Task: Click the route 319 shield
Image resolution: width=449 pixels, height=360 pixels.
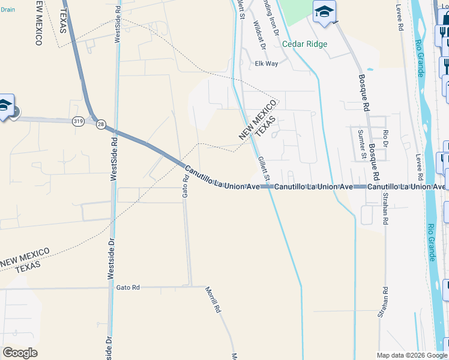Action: coord(78,121)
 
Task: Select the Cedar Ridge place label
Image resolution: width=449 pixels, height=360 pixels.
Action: coord(305,44)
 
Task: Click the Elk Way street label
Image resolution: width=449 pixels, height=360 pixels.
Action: coord(267,63)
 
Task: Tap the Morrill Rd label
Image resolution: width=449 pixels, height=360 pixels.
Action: coord(214,301)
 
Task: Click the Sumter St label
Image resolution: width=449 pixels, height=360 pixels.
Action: coord(361,144)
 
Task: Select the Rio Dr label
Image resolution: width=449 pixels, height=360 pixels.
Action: coord(386,140)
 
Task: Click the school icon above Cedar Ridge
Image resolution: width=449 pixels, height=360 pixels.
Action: coord(324,12)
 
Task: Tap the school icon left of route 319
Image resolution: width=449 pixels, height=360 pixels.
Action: coord(5,106)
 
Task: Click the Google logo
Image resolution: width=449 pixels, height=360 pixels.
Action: coord(20,353)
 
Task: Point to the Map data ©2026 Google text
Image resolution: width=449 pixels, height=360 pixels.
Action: coord(412,355)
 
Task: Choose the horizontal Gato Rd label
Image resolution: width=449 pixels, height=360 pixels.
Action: coord(128,287)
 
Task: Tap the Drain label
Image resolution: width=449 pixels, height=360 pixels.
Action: coord(8,10)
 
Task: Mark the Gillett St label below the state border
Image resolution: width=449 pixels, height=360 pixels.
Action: coord(264,169)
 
